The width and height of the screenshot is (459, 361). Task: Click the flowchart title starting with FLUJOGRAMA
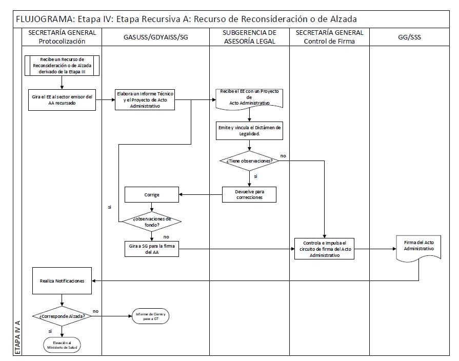(186, 19)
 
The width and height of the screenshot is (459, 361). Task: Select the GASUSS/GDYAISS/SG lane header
(155, 37)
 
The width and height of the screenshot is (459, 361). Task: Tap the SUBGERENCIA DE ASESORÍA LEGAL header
(249, 37)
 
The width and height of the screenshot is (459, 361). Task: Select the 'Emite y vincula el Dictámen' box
(249, 130)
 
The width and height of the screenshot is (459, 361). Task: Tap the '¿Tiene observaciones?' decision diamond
(249, 161)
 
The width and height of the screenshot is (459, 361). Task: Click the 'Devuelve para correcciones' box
(249, 194)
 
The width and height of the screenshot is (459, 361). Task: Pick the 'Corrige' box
(152, 194)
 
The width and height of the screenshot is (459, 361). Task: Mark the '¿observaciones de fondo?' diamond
(152, 222)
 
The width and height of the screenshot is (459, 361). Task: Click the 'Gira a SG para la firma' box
(152, 249)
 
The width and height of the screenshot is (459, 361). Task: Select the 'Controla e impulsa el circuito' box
(324, 249)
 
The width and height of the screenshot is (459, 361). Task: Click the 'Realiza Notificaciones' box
(62, 280)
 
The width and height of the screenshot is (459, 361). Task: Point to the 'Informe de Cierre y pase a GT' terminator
(150, 316)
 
